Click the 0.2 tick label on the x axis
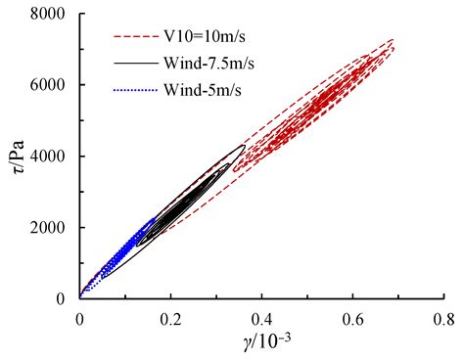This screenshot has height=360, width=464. tap(169, 318)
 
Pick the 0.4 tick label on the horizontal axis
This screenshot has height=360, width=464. tap(261, 318)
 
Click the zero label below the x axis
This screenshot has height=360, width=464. tap(79, 318)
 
